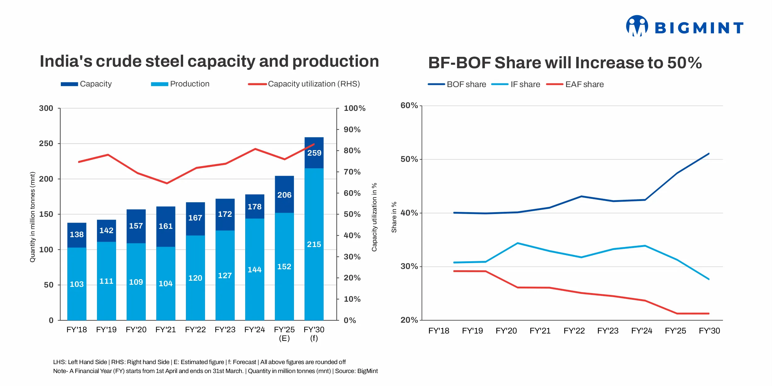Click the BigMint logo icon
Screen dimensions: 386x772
[x=637, y=26]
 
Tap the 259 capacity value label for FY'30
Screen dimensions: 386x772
[x=314, y=153]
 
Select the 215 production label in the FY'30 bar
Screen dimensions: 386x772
[x=314, y=244]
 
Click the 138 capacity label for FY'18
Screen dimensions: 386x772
[x=77, y=234]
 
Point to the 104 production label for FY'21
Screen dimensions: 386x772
[x=166, y=283]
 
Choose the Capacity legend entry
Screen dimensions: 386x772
[x=86, y=84]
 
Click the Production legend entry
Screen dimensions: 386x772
[x=180, y=84]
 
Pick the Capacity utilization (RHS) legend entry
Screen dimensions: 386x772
[x=304, y=84]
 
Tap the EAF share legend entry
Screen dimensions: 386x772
[x=575, y=84]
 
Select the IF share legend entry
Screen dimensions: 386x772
[x=516, y=84]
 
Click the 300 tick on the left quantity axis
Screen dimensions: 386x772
[x=46, y=108]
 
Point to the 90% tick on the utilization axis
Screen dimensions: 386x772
[x=352, y=130]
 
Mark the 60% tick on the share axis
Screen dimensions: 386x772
[x=409, y=106]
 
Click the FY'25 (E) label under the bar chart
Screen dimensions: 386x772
[x=284, y=334]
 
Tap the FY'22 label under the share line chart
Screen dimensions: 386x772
[x=574, y=331]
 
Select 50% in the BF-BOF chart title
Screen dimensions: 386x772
[x=684, y=63]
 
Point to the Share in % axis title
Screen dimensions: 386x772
[x=394, y=217]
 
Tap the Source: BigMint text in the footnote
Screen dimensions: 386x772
[x=356, y=371]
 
